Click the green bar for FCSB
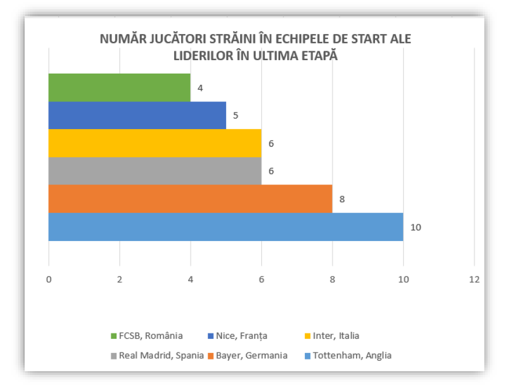pos(119,88)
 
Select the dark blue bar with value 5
pos(137,115)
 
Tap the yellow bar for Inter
pos(155,143)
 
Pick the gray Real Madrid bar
pos(155,171)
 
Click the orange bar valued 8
pos(190,199)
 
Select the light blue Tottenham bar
pos(226,227)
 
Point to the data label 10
pos(416,228)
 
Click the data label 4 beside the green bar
pos(200,88)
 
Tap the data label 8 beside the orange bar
pos(342,199)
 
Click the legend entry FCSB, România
pos(147,336)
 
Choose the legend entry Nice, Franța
pos(237,336)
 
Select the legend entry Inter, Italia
pos(332,336)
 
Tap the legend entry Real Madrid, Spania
pos(157,355)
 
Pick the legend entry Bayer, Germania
pos(248,355)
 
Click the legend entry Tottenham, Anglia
pos(348,355)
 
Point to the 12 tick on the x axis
pos(475,280)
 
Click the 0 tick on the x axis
pos(49,280)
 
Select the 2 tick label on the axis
pos(119,280)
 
